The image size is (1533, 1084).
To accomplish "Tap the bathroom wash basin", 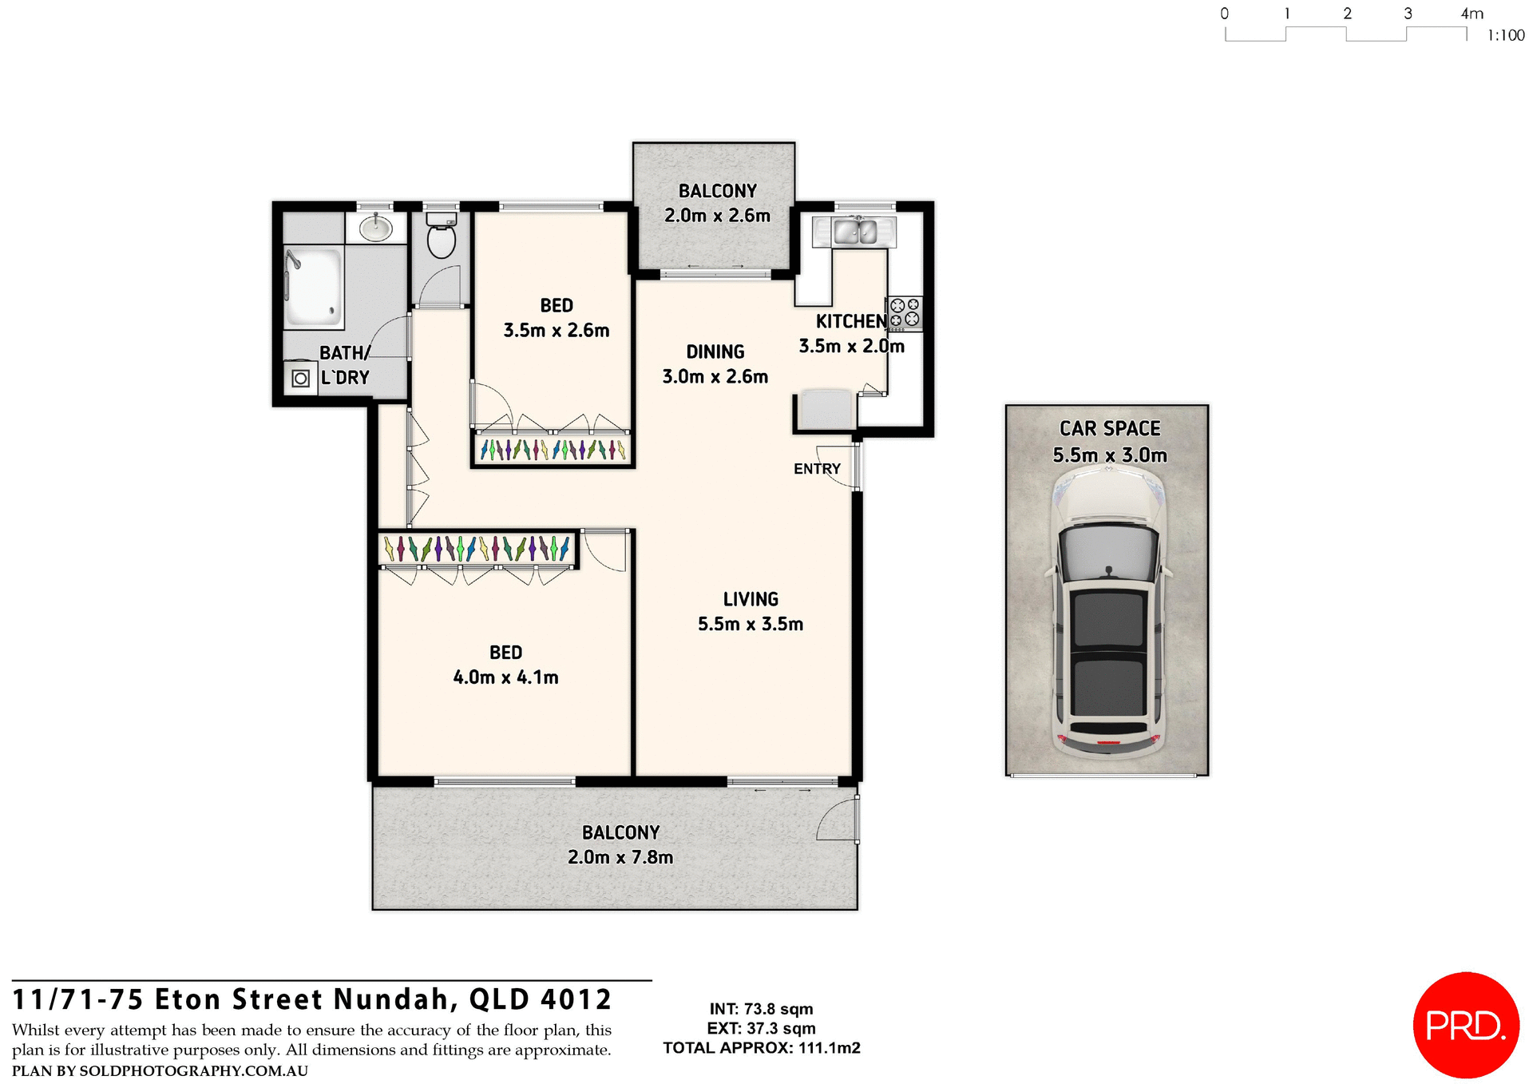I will tap(375, 228).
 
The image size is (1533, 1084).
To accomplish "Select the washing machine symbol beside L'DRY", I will tap(300, 378).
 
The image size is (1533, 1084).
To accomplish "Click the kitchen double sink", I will tap(854, 232).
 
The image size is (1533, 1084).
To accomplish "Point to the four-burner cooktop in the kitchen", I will tap(905, 313).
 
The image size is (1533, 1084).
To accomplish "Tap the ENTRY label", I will tap(817, 469).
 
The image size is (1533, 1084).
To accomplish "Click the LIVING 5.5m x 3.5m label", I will tap(751, 612).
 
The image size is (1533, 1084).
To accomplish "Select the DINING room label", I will tap(715, 352).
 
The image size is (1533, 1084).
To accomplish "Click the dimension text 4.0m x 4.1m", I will tap(505, 677).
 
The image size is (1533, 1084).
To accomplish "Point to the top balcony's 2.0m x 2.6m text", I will tap(717, 216).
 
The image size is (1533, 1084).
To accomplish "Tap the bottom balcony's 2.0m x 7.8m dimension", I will tap(620, 858).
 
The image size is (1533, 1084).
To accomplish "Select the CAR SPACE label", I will tap(1110, 429).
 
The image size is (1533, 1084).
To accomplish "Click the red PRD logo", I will tap(1466, 1025).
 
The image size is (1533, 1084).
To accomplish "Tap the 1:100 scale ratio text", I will tap(1506, 36).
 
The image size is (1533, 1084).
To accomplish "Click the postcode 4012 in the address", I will tap(576, 1000).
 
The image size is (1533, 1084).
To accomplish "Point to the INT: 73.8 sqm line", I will tap(761, 1009).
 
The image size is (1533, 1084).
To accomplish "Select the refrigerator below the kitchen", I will tap(826, 410).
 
